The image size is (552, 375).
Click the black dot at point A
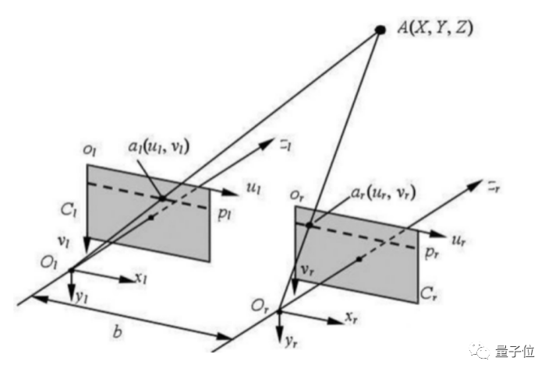click(x=380, y=30)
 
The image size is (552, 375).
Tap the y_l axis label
click(x=81, y=296)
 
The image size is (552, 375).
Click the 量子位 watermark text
click(x=515, y=352)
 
